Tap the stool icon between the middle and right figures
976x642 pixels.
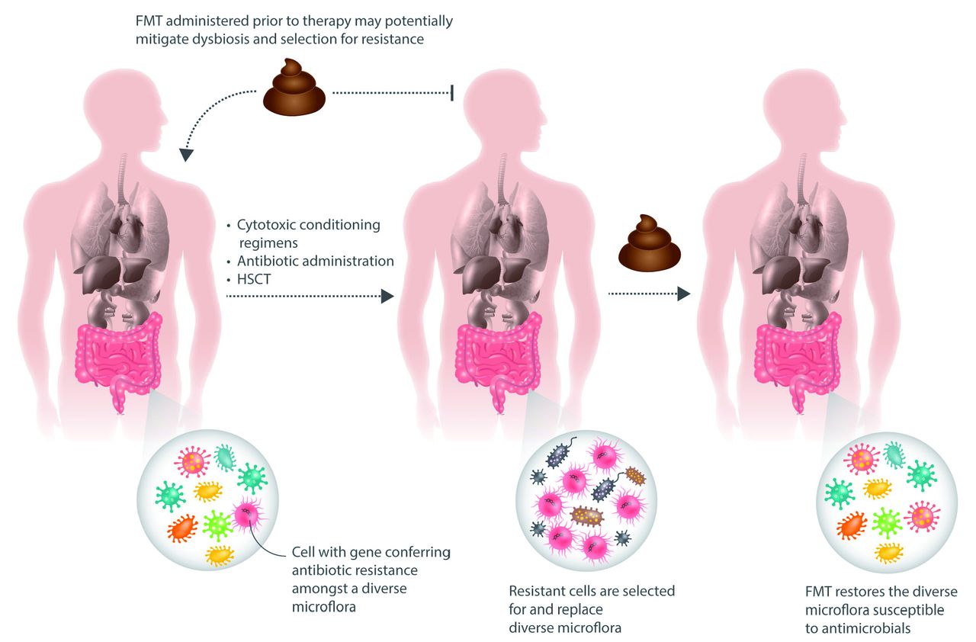point(649,243)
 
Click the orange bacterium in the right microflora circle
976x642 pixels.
point(852,524)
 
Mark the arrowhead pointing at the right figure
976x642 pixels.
point(684,294)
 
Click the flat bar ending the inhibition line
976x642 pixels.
point(453,93)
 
